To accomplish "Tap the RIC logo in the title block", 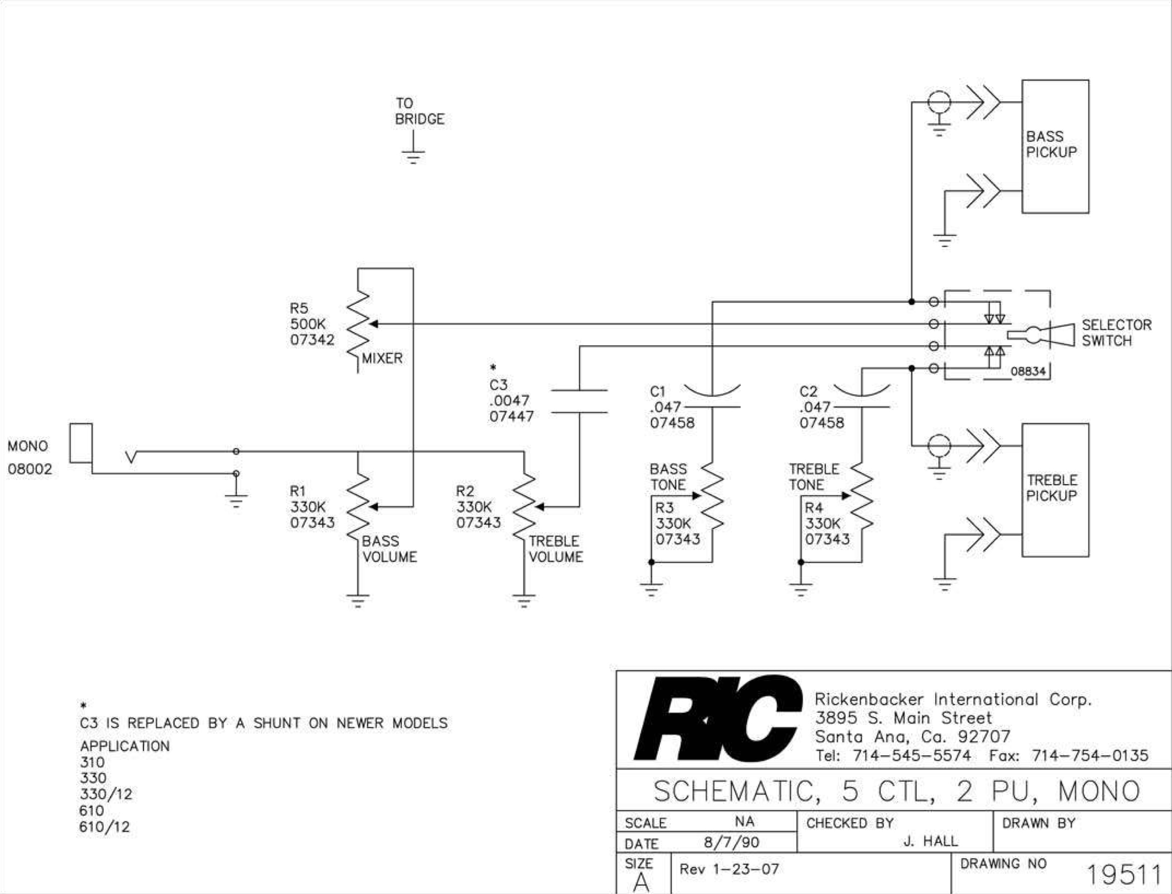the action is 717,719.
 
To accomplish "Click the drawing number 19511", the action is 1123,875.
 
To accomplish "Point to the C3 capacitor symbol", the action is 579,401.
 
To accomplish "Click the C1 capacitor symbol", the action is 712,397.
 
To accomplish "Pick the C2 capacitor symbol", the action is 861,397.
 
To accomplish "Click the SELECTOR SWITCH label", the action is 1116,333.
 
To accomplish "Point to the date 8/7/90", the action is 731,842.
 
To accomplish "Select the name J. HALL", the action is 930,841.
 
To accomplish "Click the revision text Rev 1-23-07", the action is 729,869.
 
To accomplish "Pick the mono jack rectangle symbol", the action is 81,443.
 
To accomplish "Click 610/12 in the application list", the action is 104,827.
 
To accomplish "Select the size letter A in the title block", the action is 641,882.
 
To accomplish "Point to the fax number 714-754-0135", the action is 1090,756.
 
